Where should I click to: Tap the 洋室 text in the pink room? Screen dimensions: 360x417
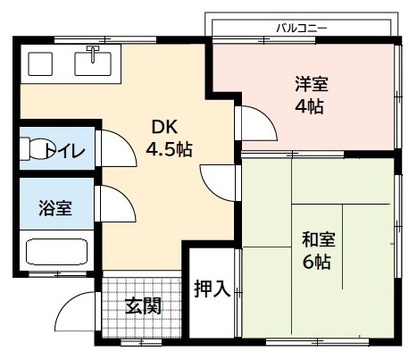[x=312, y=86]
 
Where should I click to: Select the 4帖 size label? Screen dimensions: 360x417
[x=310, y=106]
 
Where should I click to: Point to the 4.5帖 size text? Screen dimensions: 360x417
[x=170, y=147]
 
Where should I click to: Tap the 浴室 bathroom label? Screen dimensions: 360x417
[x=54, y=209]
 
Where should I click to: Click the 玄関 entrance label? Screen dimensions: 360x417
[x=143, y=306]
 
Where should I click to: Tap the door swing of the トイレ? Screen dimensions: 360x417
[x=114, y=148]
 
